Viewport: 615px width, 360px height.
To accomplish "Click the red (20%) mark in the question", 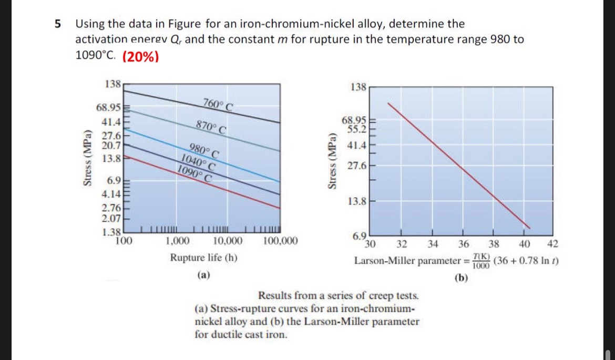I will click(140, 56).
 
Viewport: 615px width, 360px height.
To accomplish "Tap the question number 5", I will click(57, 24).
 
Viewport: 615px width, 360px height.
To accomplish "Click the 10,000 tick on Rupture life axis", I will click(228, 241).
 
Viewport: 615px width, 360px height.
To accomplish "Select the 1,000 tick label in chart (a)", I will click(178, 241).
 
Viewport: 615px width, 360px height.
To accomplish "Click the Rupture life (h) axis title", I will click(203, 258).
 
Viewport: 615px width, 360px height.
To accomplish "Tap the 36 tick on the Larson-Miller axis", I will click(463, 244).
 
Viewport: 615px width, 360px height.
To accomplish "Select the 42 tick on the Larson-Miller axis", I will click(553, 244).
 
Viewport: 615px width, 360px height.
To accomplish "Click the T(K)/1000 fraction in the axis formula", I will click(481, 261).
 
